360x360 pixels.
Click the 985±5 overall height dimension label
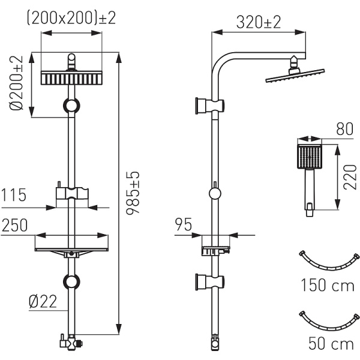(x=133, y=193)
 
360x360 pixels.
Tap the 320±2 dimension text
(x=259, y=22)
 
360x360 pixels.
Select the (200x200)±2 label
(x=71, y=18)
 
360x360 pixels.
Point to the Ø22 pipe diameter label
(x=43, y=301)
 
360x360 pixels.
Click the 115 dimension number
(x=14, y=195)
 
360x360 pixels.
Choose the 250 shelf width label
(x=14, y=225)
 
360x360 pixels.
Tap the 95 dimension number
(x=183, y=224)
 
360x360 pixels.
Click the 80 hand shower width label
(x=344, y=129)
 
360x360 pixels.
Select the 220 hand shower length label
(x=350, y=177)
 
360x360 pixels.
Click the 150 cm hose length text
(x=328, y=286)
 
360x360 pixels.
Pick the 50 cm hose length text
(x=331, y=343)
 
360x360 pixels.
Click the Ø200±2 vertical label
(x=16, y=83)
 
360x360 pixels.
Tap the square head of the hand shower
(x=309, y=157)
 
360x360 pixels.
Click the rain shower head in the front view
(x=71, y=78)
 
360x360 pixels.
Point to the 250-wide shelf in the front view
(x=71, y=251)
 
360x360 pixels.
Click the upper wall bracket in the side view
(x=209, y=106)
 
